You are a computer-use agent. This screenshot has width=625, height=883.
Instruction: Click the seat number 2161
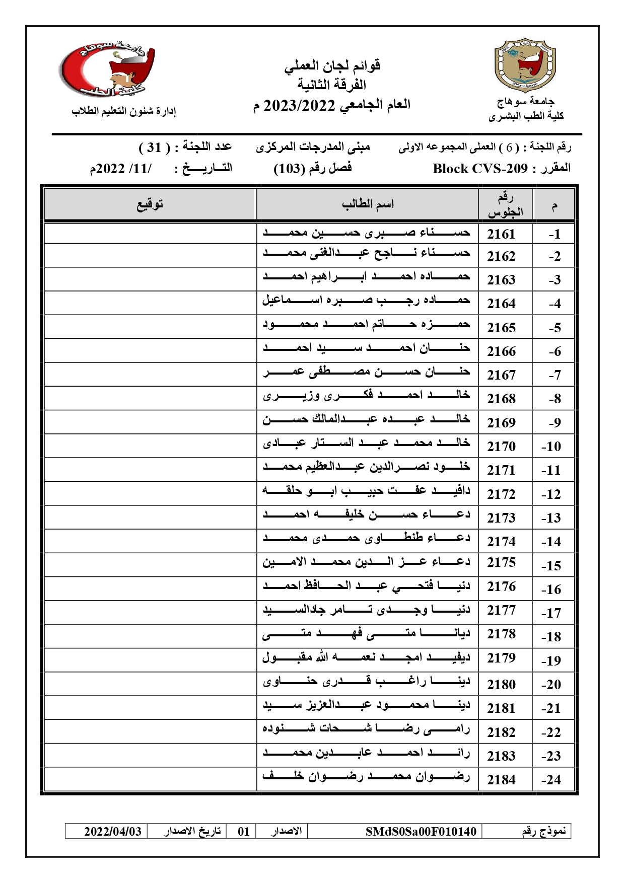tap(501, 234)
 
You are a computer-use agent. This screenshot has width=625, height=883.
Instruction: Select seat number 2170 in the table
tap(501, 447)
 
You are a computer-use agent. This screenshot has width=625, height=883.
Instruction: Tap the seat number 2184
tap(501, 780)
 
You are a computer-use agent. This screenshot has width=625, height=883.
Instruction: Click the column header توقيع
tap(150, 204)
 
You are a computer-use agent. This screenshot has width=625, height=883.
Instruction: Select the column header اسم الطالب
tap(368, 204)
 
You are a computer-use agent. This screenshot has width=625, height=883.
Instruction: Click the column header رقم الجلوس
tap(505, 205)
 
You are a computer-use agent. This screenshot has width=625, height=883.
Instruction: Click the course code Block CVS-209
tap(480, 169)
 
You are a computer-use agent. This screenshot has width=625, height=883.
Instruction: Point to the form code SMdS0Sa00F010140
tap(421, 831)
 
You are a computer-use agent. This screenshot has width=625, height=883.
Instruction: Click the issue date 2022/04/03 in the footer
tap(113, 831)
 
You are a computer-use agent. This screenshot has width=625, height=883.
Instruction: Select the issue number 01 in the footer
tap(244, 831)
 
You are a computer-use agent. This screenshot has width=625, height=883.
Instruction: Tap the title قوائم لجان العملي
tap(332, 65)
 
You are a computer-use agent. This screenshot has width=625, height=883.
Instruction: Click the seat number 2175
tap(501, 562)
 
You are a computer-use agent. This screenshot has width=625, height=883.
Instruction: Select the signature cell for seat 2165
tap(150, 327)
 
